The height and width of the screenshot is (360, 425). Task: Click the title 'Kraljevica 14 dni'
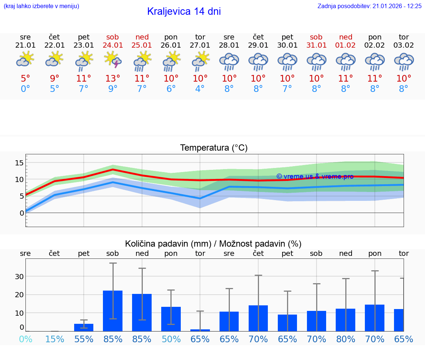point(184,11)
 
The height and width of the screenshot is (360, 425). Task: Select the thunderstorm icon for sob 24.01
point(113,60)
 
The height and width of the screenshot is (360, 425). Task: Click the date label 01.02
point(346,45)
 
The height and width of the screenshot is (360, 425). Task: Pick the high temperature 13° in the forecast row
point(113,78)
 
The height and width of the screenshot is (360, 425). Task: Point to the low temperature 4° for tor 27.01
point(200,89)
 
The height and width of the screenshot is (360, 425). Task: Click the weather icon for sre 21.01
point(25,59)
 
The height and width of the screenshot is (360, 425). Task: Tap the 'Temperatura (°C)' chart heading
point(214,148)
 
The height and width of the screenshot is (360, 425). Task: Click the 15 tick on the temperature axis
point(19,163)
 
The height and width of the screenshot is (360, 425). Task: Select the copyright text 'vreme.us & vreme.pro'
point(315,176)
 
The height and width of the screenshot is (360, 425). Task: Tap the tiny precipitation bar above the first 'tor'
point(200,330)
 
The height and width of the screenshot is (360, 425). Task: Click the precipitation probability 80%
point(346,339)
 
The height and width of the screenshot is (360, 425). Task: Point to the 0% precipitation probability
point(25,339)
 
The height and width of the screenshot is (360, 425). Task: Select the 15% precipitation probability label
point(55,339)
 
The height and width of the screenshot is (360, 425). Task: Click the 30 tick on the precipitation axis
point(19,277)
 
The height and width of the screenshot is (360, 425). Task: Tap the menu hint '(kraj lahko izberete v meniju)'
point(41,6)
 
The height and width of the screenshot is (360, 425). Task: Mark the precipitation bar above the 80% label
point(346,320)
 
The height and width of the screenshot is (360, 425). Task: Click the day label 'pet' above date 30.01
point(287,37)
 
